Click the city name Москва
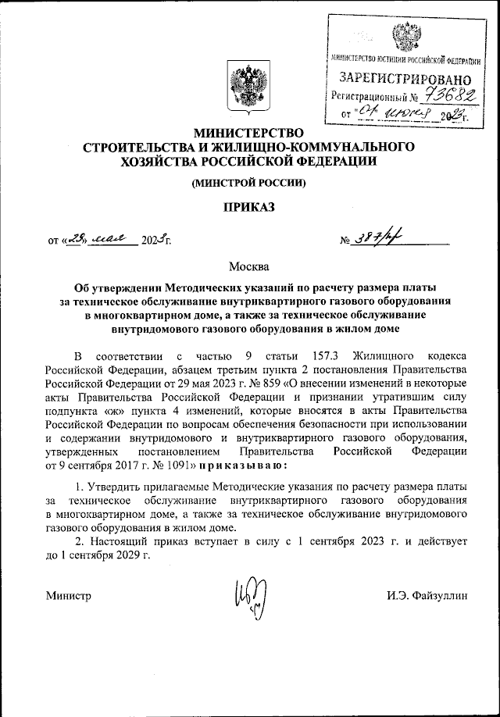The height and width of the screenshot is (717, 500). click(249, 268)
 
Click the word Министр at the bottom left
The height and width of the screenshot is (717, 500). click(70, 596)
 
